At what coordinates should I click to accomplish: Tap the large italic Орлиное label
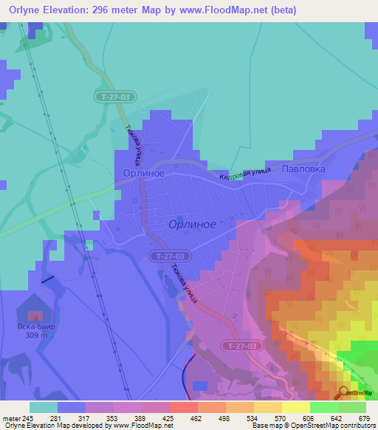coord(192,224)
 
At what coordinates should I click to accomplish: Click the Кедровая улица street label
coord(245,174)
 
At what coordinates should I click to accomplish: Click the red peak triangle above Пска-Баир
coord(35,317)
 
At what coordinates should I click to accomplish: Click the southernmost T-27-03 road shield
coord(242,345)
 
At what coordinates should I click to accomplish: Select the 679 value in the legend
coord(362,418)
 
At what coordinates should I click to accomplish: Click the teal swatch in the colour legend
coord(44,407)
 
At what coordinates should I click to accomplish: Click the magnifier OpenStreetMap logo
coord(343,393)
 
